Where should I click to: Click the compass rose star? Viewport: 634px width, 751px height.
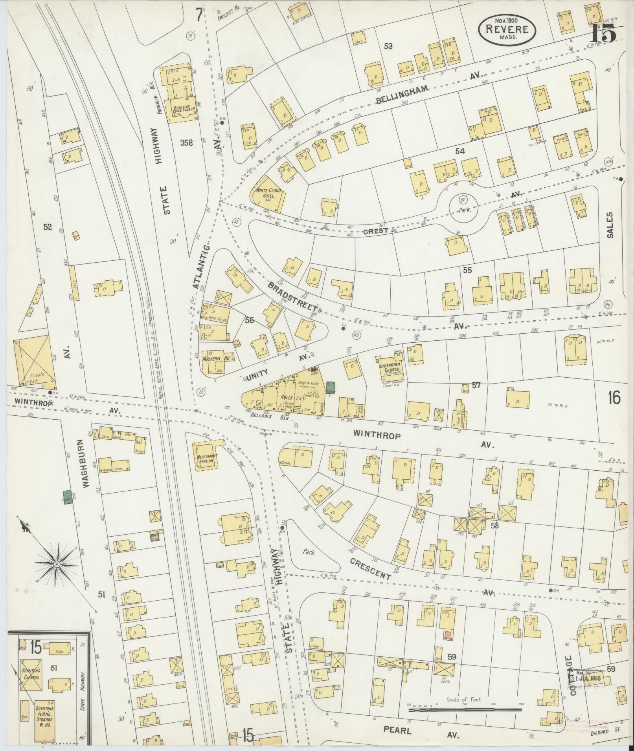tap(57, 564)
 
